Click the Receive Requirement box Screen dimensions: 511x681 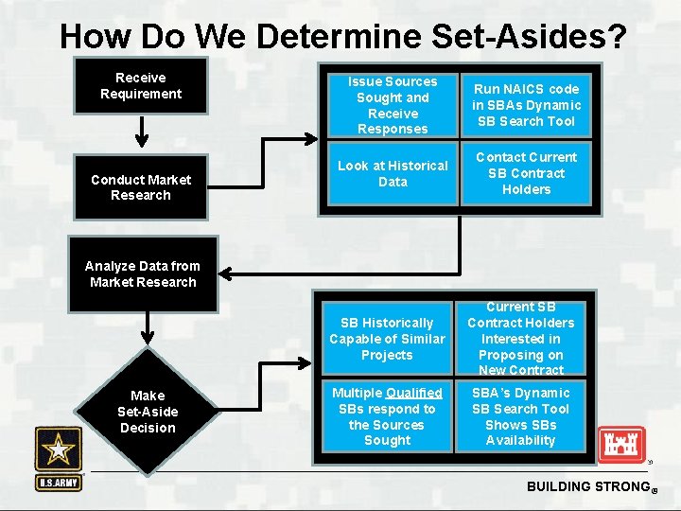coord(141,86)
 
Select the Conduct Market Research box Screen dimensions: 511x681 coord(141,187)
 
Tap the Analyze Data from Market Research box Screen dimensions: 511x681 coord(143,274)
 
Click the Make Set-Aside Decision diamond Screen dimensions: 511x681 coord(148,412)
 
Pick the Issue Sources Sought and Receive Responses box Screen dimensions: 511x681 coord(393,105)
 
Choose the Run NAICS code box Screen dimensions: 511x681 coord(526,105)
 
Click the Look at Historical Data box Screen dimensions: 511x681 coord(393,173)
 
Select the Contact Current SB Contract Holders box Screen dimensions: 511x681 coord(526,173)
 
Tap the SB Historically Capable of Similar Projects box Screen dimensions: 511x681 coord(387,339)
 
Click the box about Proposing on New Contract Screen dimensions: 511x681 coord(520,339)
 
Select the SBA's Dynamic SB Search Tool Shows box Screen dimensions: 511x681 coord(520,416)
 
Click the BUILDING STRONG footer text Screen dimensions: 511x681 coord(585,486)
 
